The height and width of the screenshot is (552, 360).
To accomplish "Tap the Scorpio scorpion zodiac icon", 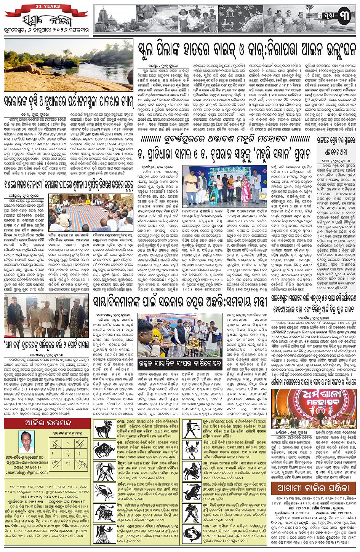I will tap(192, 450).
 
